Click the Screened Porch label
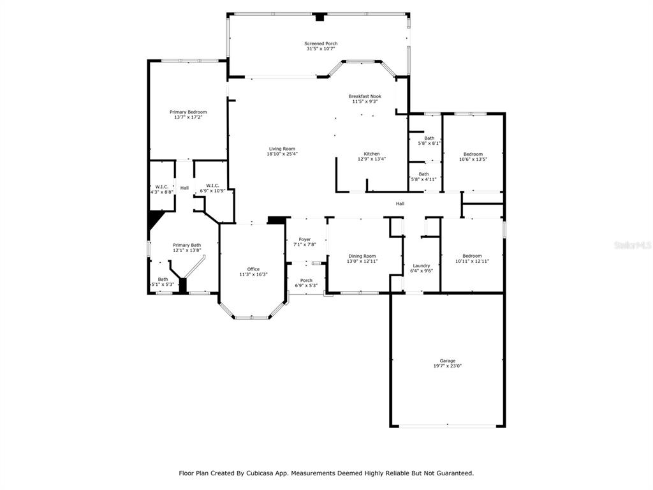coord(321,43)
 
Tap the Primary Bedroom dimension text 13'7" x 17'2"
coord(188,117)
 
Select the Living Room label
coord(282,149)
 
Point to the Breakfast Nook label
coord(365,96)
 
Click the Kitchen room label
coord(372,154)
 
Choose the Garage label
coord(448,361)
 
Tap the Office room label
coord(253,269)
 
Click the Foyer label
coord(305,240)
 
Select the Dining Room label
coord(362,256)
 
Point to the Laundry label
coord(422,266)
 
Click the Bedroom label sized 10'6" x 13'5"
coord(473,154)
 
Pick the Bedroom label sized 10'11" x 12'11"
coord(473,256)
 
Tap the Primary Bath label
coord(187,245)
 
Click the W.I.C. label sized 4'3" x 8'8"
coord(161,187)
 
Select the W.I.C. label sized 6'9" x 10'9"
coord(212,186)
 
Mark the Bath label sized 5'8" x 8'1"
coord(429,138)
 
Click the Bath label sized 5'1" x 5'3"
coord(163,279)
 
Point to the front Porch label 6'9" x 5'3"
coord(306,281)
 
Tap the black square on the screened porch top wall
coord(319,17)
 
